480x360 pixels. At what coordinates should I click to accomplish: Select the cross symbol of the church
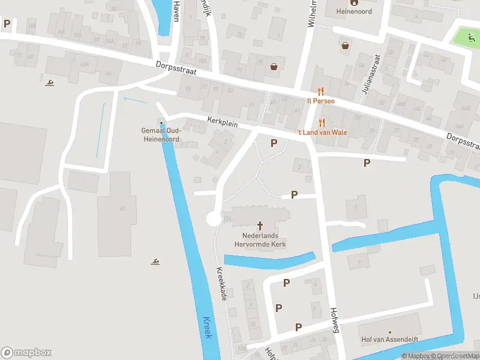[x=260, y=226]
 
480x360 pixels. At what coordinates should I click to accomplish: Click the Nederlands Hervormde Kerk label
[x=260, y=240]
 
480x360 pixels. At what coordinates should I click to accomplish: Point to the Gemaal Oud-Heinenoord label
[x=161, y=135]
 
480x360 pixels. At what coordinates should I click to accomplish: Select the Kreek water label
[x=208, y=328]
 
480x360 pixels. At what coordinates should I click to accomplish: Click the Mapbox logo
[x=26, y=352]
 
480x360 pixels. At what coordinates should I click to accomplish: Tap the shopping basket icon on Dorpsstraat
[x=274, y=67]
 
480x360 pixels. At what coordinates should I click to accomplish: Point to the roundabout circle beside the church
[x=214, y=219]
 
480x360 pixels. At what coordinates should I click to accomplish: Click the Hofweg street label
[x=335, y=320]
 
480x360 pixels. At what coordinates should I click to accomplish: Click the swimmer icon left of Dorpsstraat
[x=48, y=82]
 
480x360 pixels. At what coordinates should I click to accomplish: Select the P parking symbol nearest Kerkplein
[x=274, y=143]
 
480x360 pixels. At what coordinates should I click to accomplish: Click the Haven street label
[x=176, y=11]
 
